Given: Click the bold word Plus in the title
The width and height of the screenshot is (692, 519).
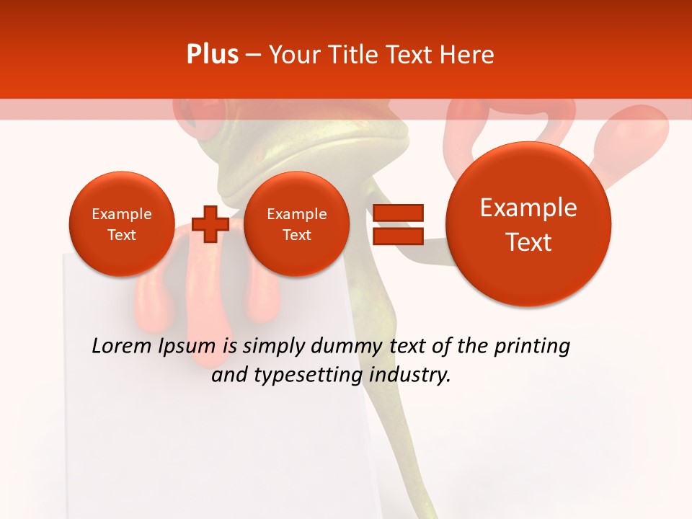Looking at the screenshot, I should tap(212, 55).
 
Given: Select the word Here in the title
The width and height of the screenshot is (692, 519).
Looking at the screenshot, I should tap(468, 55).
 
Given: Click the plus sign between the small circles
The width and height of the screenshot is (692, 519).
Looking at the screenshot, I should tap(210, 224).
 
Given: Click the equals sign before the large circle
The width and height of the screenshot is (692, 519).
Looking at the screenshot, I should tap(398, 224).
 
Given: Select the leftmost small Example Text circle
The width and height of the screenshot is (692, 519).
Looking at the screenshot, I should tap(122, 224).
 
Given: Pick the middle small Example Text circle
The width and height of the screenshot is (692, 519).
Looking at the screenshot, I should tap(296, 224).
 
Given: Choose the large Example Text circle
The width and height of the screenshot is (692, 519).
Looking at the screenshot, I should tap(528, 224).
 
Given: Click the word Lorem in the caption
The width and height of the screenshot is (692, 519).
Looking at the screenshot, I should tap(122, 347).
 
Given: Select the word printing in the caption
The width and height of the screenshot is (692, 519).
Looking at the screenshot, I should tap(532, 347).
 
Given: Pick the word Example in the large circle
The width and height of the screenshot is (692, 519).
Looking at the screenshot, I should tap(528, 208).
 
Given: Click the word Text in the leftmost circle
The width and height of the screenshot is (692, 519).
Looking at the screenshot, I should tap(122, 235).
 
